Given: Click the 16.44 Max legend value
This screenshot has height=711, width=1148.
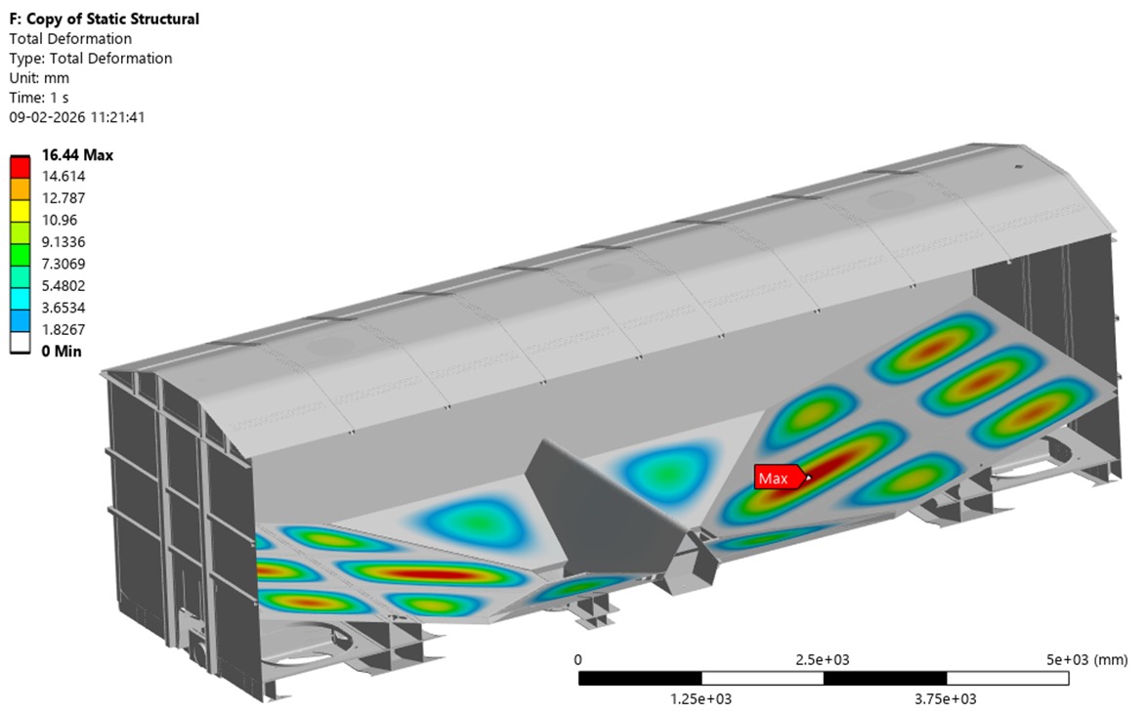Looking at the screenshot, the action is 77,155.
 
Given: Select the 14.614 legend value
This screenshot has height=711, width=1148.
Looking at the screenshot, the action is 64,177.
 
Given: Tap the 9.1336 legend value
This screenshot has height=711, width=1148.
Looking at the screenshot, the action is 64,242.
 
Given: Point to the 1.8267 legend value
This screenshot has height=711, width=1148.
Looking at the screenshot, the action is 64,330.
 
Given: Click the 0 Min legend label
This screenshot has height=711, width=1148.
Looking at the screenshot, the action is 62,352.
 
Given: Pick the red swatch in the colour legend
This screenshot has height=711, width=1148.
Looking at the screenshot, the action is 20,168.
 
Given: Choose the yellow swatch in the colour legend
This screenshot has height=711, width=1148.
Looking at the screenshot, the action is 20,212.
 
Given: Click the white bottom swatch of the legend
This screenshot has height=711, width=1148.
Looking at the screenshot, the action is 20,344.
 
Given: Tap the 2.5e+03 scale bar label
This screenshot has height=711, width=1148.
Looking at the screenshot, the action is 823,660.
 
